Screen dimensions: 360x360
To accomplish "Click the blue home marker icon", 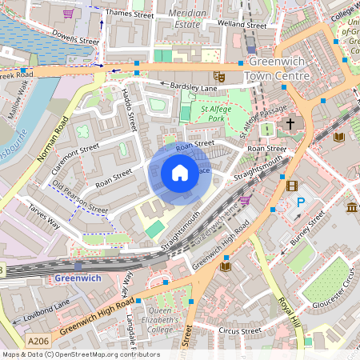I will click(180, 173).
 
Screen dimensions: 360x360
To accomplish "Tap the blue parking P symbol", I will click(301, 203).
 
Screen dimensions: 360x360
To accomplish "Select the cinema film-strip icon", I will click(291, 186).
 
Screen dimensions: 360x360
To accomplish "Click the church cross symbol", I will click(290, 126).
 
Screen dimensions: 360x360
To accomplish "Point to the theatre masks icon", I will click(220, 77).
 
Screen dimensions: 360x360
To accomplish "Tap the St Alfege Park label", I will click(215, 113).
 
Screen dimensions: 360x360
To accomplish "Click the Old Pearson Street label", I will click(79, 196).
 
